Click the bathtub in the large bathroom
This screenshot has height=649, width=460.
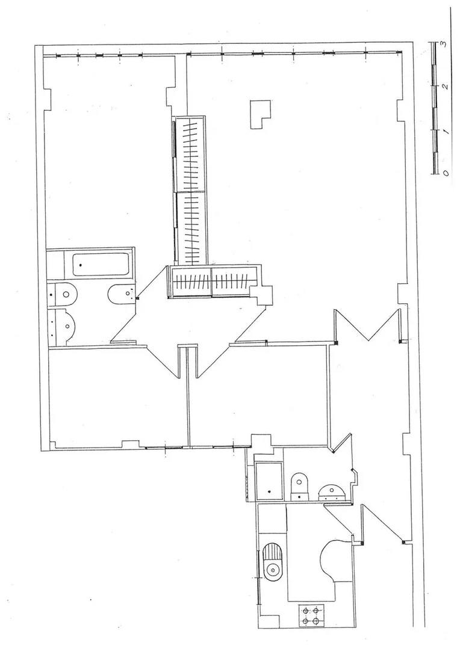[101, 264]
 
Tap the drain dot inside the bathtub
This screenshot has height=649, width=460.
[81, 265]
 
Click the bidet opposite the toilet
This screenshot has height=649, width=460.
[122, 294]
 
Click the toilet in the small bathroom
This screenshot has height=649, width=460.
[300, 485]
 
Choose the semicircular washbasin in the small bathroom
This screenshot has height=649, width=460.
[331, 492]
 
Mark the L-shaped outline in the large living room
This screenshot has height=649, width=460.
[260, 115]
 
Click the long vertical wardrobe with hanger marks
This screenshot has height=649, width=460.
[189, 191]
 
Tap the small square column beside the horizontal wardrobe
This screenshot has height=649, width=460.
[263, 295]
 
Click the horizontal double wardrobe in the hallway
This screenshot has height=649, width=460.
[213, 281]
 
